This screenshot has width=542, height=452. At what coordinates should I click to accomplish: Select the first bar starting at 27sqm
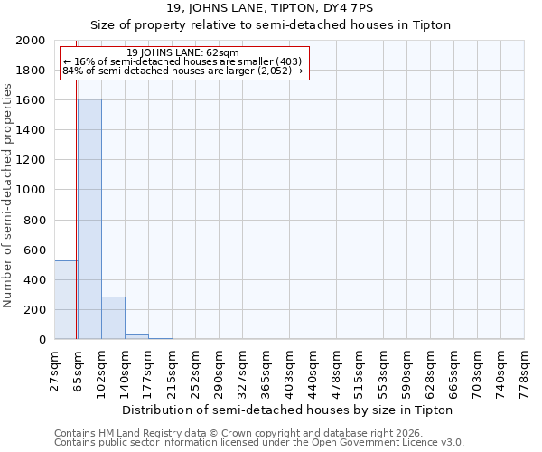66,299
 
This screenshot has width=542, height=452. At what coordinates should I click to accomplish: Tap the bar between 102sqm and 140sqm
113,317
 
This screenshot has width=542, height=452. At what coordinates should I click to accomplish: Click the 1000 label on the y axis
32,190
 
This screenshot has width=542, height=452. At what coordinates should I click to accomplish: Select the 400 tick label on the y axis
35,280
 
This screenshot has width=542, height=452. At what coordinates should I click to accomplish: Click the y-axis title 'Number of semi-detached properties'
9,195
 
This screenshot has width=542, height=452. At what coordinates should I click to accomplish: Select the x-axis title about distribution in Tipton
286,410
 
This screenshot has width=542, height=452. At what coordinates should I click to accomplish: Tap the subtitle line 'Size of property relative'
271,24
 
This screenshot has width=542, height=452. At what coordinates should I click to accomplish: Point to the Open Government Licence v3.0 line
259,443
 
